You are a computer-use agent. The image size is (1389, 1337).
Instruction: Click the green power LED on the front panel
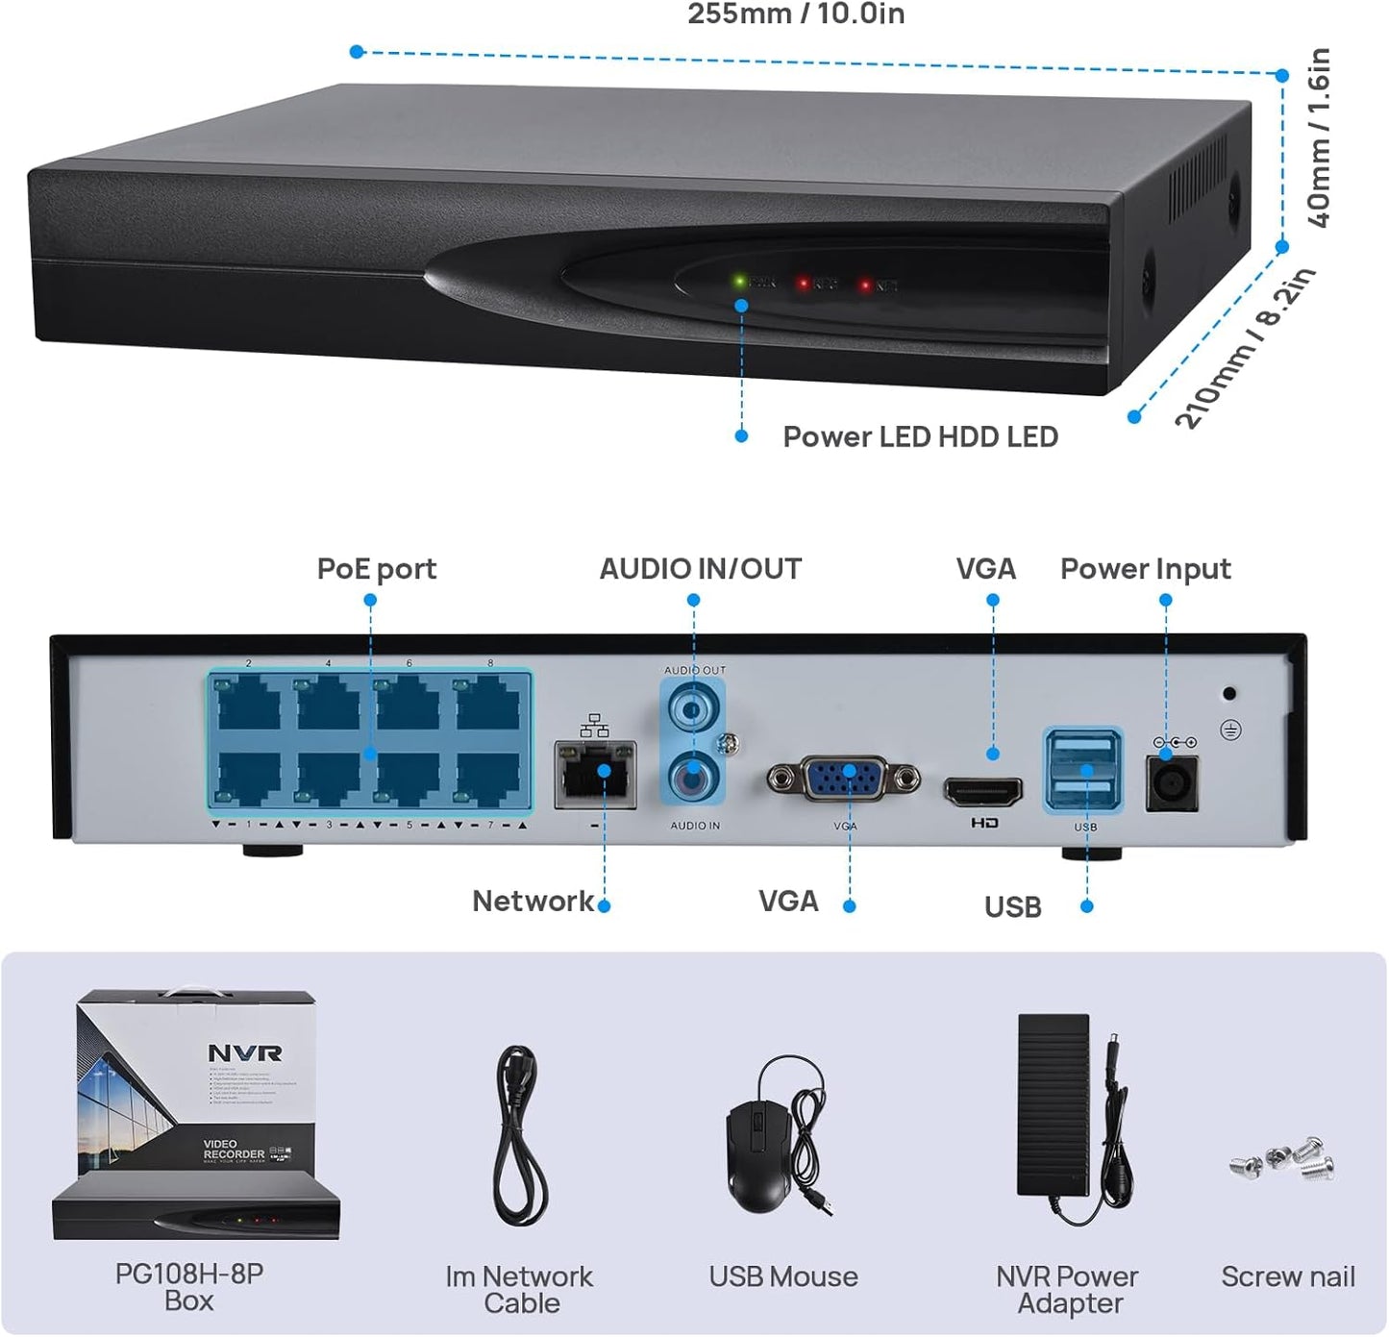pyautogui.click(x=739, y=282)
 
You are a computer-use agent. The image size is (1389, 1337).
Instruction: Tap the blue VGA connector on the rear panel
pyautogui.click(x=844, y=779)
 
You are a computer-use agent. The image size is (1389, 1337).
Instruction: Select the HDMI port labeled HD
pyautogui.click(x=982, y=792)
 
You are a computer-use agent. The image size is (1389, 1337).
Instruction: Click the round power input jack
pyautogui.click(x=1172, y=783)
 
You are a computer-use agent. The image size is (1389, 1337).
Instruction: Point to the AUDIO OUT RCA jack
pyautogui.click(x=692, y=709)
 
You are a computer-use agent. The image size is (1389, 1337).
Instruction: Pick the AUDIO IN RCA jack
pyautogui.click(x=692, y=775)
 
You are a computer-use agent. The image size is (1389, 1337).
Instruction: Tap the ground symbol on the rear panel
pyautogui.click(x=1230, y=730)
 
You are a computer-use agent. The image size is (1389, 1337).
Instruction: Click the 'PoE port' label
pyautogui.click(x=376, y=569)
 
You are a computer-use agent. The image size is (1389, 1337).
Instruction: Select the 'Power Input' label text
pyautogui.click(x=1145, y=569)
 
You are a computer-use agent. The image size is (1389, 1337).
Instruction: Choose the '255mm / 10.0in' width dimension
pyautogui.click(x=796, y=14)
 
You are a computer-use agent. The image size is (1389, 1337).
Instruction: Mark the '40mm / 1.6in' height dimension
pyautogui.click(x=1320, y=137)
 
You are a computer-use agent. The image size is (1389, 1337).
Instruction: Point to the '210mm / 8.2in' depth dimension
pyautogui.click(x=1245, y=348)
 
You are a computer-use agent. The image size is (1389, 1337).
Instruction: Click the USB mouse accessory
pyautogui.click(x=759, y=1154)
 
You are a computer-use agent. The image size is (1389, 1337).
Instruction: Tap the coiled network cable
pyautogui.click(x=520, y=1134)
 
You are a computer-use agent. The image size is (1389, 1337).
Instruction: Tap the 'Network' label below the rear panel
pyautogui.click(x=533, y=901)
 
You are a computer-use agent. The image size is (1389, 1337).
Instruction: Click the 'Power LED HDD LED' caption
pyautogui.click(x=920, y=437)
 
